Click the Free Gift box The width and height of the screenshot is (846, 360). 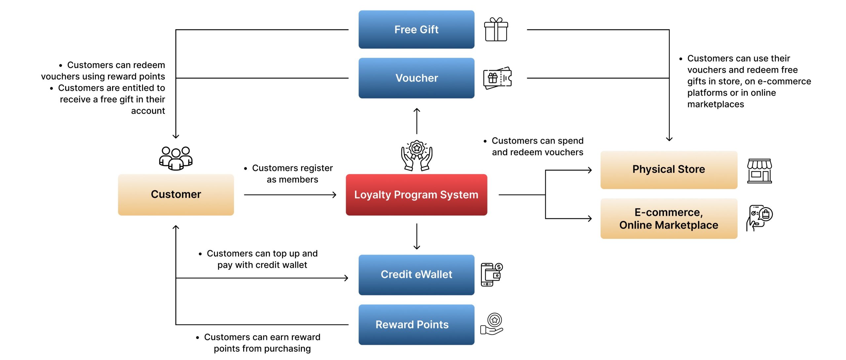(x=416, y=29)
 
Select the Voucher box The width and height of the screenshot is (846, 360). (x=416, y=78)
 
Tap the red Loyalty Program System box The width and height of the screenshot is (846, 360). (x=416, y=195)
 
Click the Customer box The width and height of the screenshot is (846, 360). (x=176, y=195)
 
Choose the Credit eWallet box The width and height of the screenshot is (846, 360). (x=416, y=274)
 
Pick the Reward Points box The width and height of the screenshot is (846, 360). (x=416, y=325)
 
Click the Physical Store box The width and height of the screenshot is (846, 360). (x=669, y=170)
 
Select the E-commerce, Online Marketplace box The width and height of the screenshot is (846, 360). (x=669, y=219)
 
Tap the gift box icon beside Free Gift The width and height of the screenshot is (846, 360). (x=496, y=29)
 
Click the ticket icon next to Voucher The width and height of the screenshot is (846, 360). (x=497, y=78)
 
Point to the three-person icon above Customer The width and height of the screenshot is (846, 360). (x=176, y=158)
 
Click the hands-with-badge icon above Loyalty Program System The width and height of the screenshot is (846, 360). (x=417, y=156)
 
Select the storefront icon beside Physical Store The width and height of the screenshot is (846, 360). (x=759, y=171)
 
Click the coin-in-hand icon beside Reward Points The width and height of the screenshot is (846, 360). (x=492, y=324)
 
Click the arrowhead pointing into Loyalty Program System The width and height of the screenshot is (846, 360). (x=334, y=195)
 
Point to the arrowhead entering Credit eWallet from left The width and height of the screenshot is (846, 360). (x=346, y=278)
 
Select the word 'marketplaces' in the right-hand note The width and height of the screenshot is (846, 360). (x=715, y=104)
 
